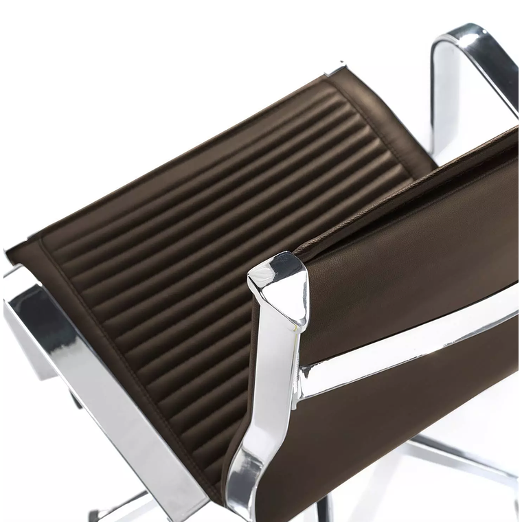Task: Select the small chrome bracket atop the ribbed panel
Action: (x=337, y=69)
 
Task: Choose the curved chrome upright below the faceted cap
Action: (x=261, y=412)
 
